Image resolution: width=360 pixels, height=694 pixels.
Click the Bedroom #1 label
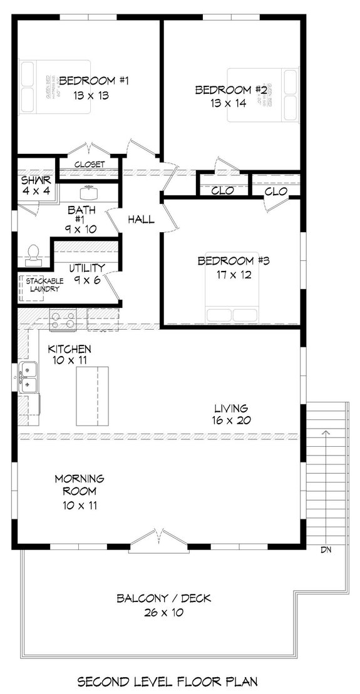(x=94, y=80)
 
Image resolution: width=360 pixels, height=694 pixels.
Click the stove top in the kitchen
(x=63, y=320)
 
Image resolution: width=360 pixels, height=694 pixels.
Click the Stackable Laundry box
(x=43, y=285)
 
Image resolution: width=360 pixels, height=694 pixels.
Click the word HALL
(x=141, y=220)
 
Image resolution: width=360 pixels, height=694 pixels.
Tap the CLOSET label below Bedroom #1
(x=89, y=165)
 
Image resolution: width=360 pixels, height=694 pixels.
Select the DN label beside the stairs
(x=326, y=550)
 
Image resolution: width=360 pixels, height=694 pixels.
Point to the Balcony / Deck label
(x=163, y=599)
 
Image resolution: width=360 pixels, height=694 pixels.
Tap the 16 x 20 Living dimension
(x=230, y=420)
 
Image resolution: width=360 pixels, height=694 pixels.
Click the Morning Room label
(x=79, y=484)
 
